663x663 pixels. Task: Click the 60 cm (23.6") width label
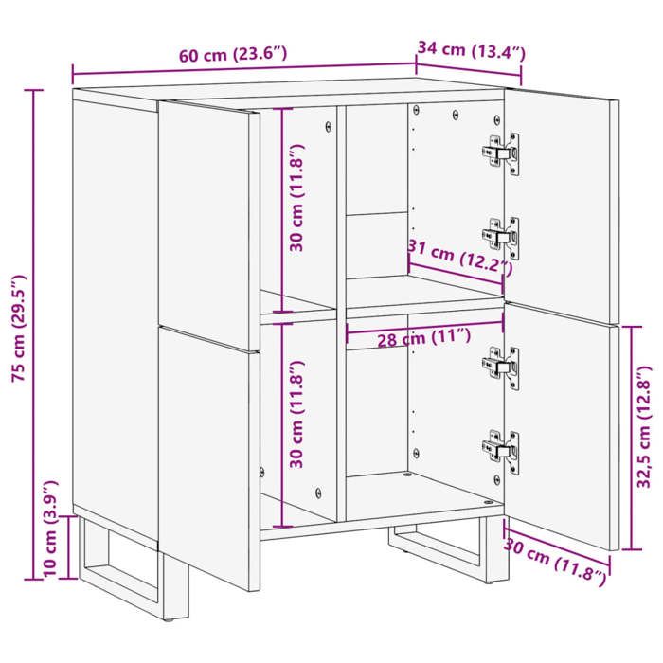point(232,55)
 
